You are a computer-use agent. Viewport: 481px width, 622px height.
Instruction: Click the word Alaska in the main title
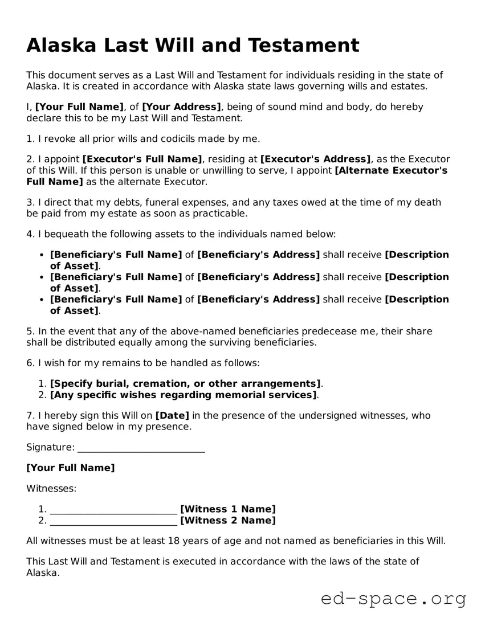(x=62, y=45)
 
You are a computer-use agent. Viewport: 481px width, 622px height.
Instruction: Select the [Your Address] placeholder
(x=181, y=107)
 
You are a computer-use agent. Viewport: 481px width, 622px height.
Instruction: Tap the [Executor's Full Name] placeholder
(x=142, y=159)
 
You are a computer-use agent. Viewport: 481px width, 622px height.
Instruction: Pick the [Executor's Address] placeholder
(x=315, y=159)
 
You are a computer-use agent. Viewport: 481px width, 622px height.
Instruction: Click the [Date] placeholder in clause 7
(x=172, y=416)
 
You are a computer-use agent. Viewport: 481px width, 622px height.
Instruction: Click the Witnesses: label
(x=51, y=489)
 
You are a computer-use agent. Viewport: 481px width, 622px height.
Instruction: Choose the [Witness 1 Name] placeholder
(x=227, y=509)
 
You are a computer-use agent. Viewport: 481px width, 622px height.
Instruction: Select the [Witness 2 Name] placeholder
(x=227, y=521)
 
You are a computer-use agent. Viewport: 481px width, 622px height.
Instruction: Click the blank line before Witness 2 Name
(x=113, y=521)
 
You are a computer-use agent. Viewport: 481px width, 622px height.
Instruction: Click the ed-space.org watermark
(x=393, y=599)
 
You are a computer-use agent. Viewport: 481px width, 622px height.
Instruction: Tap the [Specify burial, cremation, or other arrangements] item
(x=185, y=384)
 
